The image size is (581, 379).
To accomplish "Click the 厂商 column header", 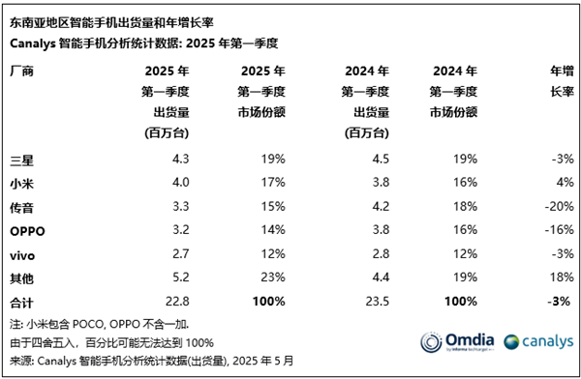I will click(x=20, y=71).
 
